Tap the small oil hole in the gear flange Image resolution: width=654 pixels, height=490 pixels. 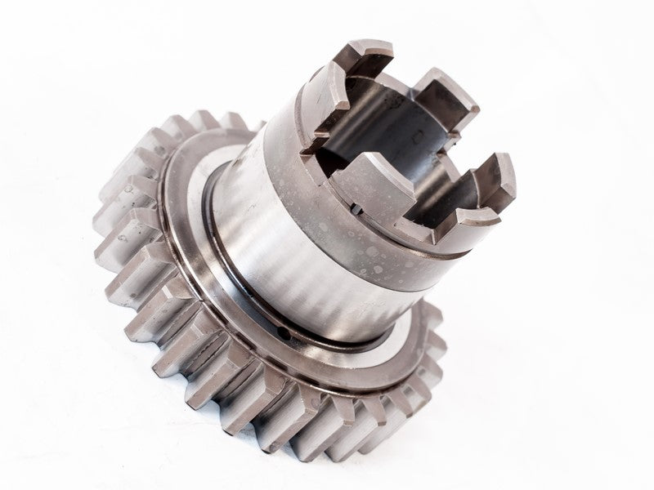(x=284, y=333)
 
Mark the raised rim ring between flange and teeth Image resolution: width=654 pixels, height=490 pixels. (x=176, y=269)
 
